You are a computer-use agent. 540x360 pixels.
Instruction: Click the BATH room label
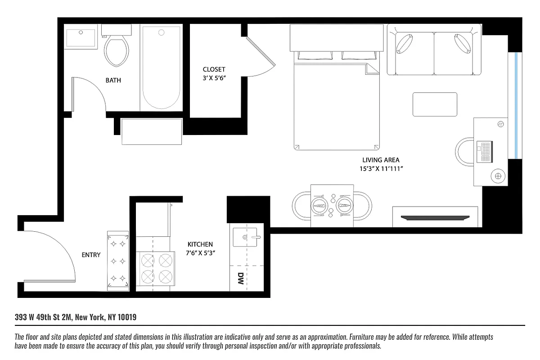[x=113, y=81]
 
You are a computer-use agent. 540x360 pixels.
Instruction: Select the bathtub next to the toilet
[x=161, y=67]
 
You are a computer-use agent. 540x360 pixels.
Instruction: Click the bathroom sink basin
[x=81, y=38]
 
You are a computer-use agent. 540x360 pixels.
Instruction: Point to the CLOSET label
[x=214, y=69]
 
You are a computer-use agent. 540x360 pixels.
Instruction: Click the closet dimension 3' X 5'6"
[x=214, y=78]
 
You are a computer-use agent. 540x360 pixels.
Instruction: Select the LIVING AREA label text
[x=381, y=160]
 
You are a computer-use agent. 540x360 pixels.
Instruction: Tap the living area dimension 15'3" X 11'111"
[x=381, y=169]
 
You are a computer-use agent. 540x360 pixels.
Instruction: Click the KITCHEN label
[x=200, y=244]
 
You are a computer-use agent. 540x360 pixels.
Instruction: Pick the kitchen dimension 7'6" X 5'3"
[x=200, y=253]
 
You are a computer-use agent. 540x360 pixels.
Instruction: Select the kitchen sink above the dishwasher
[x=246, y=236]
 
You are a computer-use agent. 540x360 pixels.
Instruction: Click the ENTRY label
[x=91, y=255]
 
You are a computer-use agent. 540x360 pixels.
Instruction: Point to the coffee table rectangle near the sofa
[x=435, y=104]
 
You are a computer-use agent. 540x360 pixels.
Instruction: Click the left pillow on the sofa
[x=405, y=44]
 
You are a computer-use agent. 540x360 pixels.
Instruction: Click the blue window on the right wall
[x=516, y=105]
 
